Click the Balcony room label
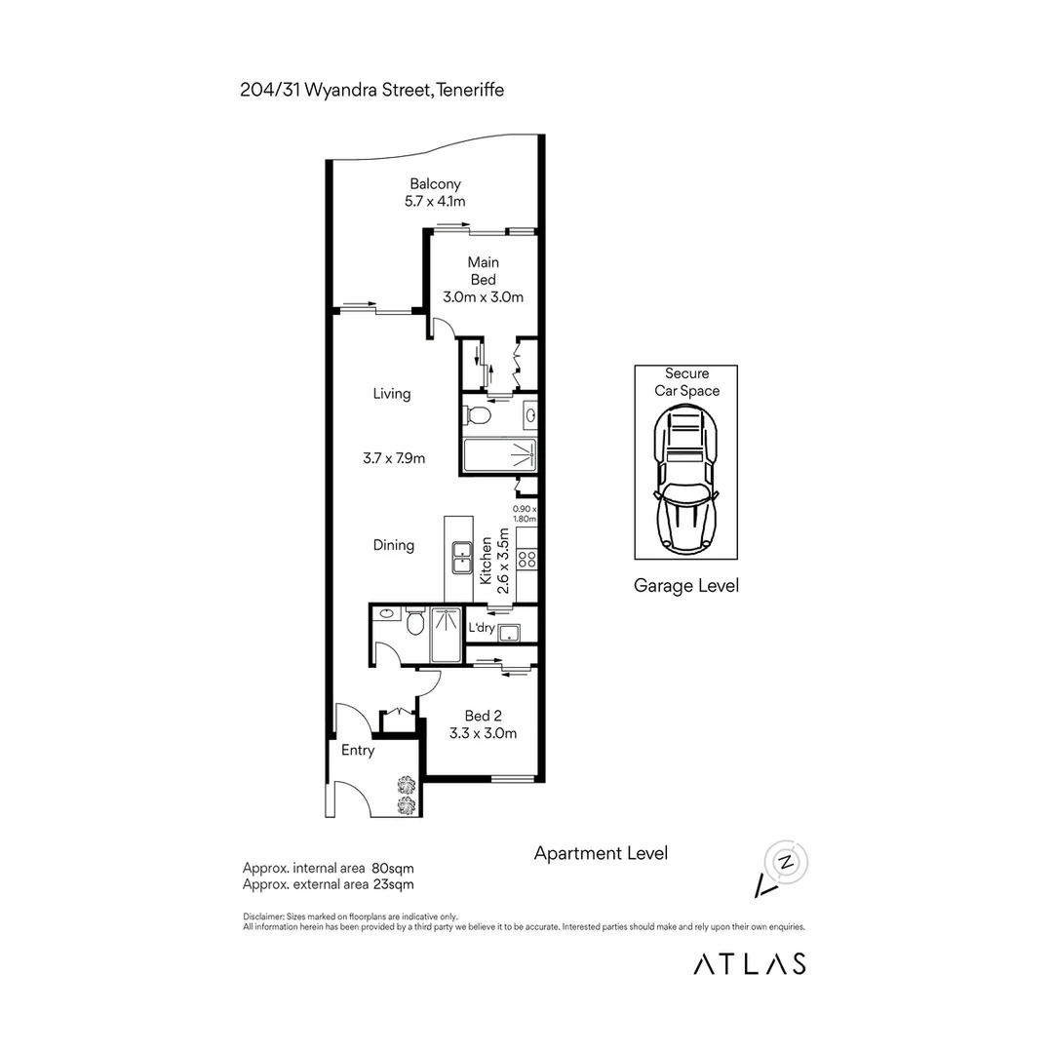click(x=435, y=183)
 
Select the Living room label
click(x=391, y=394)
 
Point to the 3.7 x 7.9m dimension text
click(x=393, y=458)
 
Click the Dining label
click(x=394, y=545)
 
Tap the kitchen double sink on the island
click(x=460, y=559)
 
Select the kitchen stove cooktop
click(x=526, y=559)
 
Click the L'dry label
click(x=481, y=628)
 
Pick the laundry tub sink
click(x=509, y=634)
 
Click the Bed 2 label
click(x=483, y=716)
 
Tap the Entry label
click(x=357, y=751)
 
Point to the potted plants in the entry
click(x=406, y=794)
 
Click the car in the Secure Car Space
click(x=686, y=479)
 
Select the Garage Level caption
click(x=685, y=586)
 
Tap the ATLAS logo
click(x=749, y=963)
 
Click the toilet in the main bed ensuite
click(x=478, y=416)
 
